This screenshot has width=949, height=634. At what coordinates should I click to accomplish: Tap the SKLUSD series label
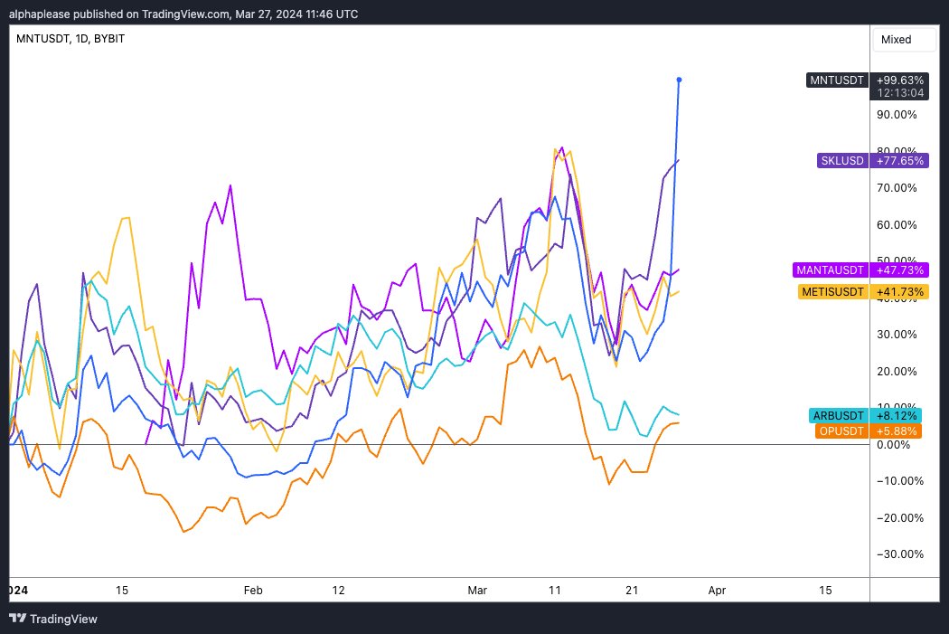[841, 160]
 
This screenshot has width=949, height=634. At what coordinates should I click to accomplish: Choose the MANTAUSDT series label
[830, 270]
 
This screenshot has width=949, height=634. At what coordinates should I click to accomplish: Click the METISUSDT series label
[832, 291]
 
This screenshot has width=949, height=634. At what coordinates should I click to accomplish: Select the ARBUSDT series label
[840, 415]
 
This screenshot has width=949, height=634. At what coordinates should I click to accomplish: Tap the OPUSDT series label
[841, 431]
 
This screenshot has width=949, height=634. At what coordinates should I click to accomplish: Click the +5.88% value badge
[897, 431]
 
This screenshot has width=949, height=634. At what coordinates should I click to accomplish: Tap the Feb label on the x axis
[253, 590]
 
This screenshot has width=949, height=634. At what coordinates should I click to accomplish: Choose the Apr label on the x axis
[717, 590]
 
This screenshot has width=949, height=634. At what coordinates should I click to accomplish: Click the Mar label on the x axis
[477, 590]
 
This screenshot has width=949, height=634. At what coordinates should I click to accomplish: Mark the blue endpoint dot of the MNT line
[679, 80]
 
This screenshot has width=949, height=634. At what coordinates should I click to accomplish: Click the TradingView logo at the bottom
[53, 620]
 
